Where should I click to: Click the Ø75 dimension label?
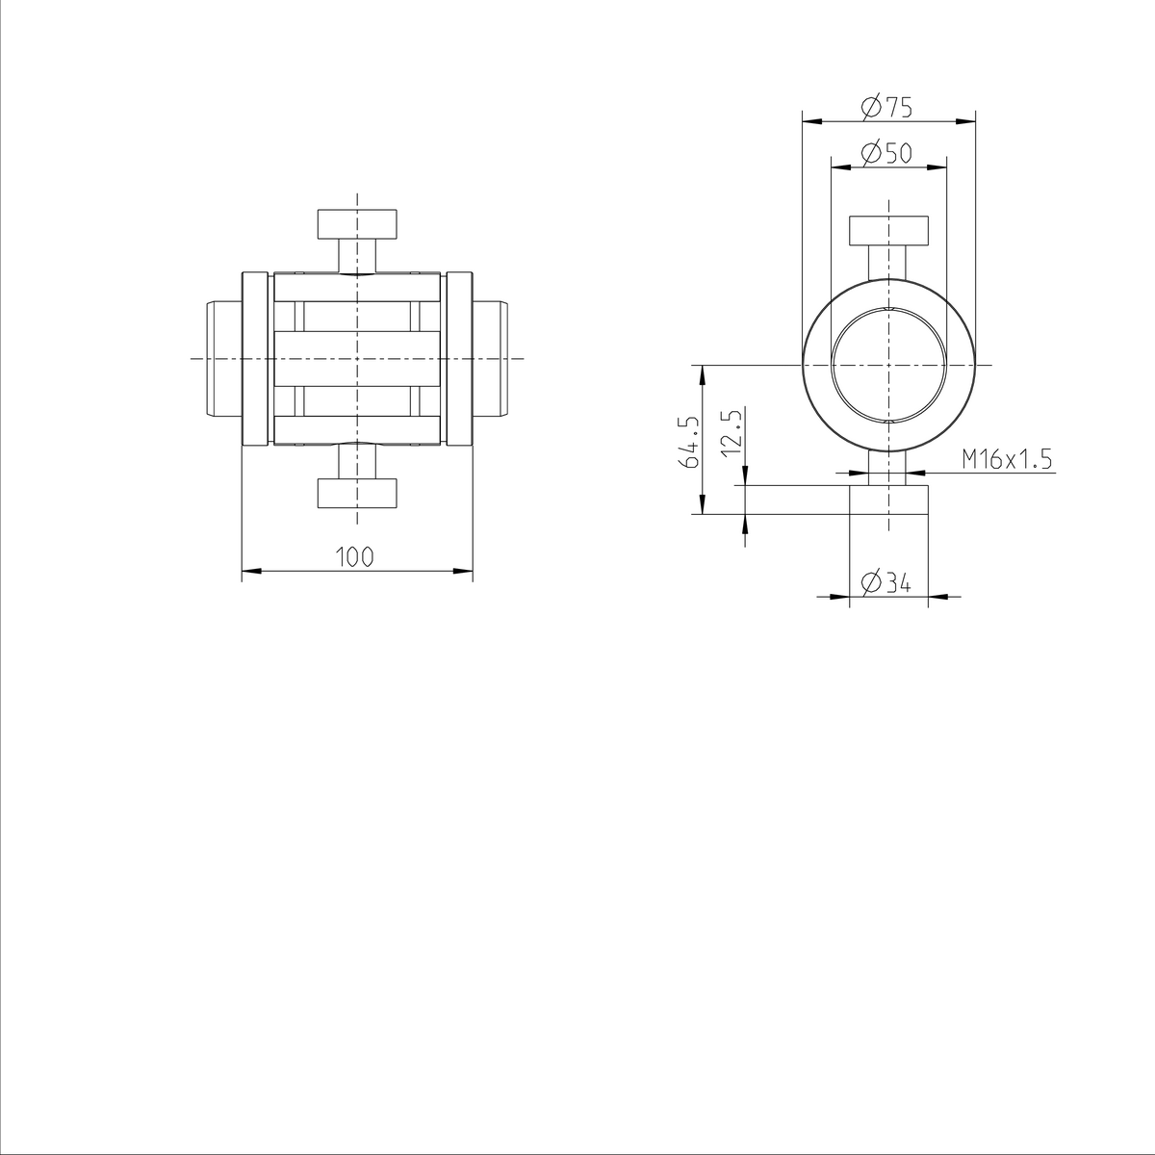(x=887, y=107)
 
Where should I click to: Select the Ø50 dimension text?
(x=887, y=153)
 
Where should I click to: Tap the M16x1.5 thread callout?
(x=1007, y=460)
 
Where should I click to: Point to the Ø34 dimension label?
(x=887, y=582)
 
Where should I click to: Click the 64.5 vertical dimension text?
(x=690, y=442)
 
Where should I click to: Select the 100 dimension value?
(x=354, y=557)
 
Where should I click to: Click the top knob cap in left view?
(x=357, y=224)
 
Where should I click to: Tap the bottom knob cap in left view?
(x=357, y=492)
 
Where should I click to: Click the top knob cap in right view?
(x=888, y=232)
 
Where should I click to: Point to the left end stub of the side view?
(x=224, y=358)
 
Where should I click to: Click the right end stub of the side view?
(x=490, y=358)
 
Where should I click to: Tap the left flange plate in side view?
(x=254, y=359)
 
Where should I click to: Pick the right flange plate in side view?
(x=460, y=359)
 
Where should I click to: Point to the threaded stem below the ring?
(x=887, y=468)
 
